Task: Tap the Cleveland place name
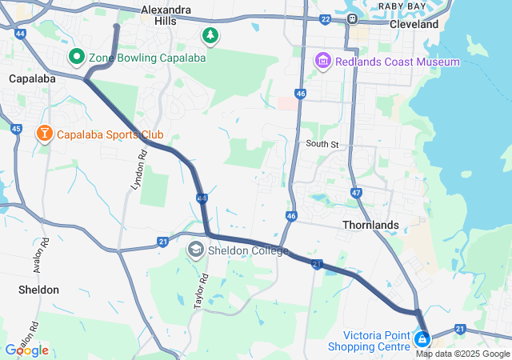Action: pos(414,24)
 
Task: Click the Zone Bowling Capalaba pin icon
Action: pos(77,58)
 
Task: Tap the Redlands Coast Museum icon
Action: pos(323,62)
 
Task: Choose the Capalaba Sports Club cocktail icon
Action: pos(45,134)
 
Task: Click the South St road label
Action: pos(322,145)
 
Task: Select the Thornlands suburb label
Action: pos(370,225)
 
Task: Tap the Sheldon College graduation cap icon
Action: pos(195,250)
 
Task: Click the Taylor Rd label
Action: pos(201,291)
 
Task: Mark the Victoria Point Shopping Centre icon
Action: pos(421,340)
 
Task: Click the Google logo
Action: pos(26,350)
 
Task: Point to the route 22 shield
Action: pos(325,18)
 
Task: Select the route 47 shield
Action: pos(357,193)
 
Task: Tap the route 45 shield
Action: pos(17,129)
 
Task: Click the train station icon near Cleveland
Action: pos(352,18)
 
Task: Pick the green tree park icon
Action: pos(210,35)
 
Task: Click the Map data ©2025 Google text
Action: pos(462,354)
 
